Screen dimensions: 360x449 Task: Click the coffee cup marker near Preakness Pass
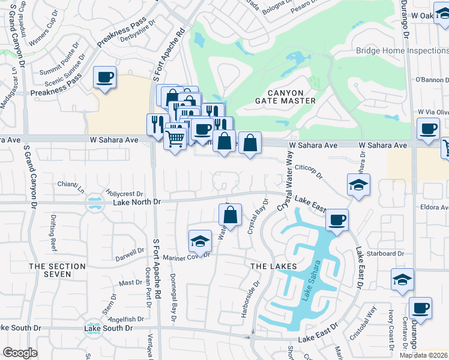[x=105, y=77]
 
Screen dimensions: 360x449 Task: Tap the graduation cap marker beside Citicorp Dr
[x=358, y=185]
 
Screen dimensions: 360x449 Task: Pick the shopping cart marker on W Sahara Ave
[x=175, y=139]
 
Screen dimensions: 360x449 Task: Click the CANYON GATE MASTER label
[x=282, y=97]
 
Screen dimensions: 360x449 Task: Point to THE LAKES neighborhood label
[x=273, y=266]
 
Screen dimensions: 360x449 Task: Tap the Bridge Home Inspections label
[x=402, y=51]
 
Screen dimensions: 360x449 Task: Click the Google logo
[x=20, y=353]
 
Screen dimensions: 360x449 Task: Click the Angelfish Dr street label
[x=127, y=319]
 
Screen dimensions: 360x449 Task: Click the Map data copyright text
[x=424, y=355]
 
